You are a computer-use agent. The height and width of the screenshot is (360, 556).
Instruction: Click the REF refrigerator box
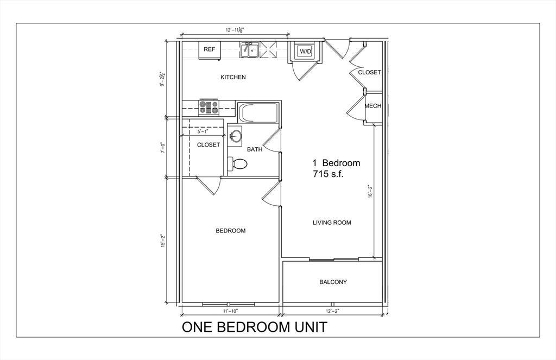(210, 49)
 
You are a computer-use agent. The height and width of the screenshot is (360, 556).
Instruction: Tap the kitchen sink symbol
(249, 50)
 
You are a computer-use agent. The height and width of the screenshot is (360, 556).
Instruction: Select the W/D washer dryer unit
(306, 52)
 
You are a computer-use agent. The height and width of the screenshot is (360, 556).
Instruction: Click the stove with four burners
(208, 106)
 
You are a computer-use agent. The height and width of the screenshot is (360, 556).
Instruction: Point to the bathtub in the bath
(259, 113)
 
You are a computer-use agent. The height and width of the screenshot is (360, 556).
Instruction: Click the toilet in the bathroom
(237, 163)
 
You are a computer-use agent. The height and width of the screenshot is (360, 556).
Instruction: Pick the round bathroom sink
(235, 136)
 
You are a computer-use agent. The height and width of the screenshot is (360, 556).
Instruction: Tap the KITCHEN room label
(233, 77)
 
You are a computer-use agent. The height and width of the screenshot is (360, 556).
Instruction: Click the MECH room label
(372, 106)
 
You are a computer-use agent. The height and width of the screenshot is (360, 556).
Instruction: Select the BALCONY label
(333, 282)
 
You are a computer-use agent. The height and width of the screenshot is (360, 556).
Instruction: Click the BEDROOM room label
(231, 231)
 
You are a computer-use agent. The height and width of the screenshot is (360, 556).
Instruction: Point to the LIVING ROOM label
(332, 222)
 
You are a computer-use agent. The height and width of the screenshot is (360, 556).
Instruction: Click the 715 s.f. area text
(328, 174)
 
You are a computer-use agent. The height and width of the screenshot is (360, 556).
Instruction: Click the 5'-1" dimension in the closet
(203, 131)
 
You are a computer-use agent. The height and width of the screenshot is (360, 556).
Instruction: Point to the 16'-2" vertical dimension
(370, 191)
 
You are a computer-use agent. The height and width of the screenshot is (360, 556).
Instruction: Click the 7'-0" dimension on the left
(161, 147)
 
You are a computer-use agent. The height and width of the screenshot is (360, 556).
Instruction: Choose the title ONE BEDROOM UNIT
(254, 327)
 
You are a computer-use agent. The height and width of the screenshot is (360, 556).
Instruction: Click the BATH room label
(255, 149)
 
